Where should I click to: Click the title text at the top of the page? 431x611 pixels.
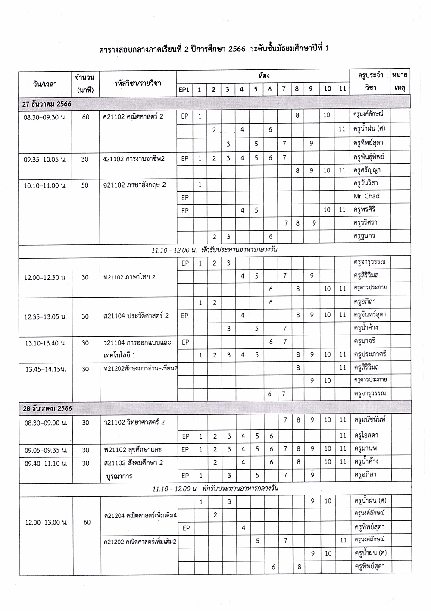[x=214, y=48]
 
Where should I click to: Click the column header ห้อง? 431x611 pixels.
[x=264, y=76]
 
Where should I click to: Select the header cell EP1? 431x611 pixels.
[x=184, y=90]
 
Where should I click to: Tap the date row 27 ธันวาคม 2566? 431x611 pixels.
[x=47, y=103]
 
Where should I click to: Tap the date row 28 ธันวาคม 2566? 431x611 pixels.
[x=47, y=408]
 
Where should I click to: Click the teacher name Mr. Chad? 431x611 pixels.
[x=366, y=196]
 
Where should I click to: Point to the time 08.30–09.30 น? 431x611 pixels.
[x=45, y=117]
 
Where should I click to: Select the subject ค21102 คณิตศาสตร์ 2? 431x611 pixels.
[x=133, y=116]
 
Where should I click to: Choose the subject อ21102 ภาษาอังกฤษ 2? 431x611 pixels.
[x=134, y=185]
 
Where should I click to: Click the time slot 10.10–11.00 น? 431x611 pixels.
[x=45, y=185]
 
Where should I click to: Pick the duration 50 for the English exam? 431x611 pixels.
[x=85, y=185]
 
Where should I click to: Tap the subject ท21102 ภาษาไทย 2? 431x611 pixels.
[x=129, y=277]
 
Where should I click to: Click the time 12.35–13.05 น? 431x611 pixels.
[x=45, y=316]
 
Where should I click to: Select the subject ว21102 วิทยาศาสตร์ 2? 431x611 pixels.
[x=134, y=422]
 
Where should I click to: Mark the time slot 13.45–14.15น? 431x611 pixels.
[x=45, y=369]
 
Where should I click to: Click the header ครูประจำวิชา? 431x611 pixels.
[x=370, y=82]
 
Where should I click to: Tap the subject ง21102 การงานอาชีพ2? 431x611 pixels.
[x=134, y=159]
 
